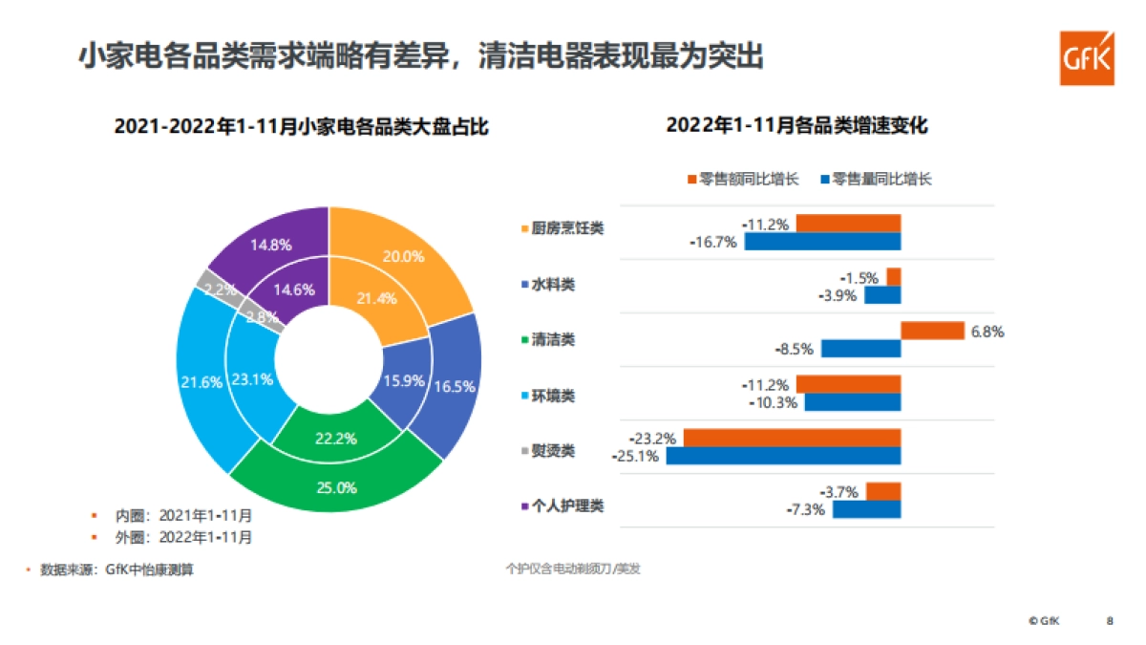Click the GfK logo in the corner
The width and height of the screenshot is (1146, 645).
click(x=1086, y=58)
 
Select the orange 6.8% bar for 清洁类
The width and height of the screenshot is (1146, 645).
click(x=932, y=331)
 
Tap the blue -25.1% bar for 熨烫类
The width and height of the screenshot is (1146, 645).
click(x=783, y=456)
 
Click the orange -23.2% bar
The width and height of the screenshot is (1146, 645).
click(x=792, y=439)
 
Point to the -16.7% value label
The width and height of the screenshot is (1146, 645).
click(x=714, y=242)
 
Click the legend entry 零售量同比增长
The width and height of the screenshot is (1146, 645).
click(x=874, y=179)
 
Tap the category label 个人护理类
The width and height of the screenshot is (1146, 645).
click(x=562, y=505)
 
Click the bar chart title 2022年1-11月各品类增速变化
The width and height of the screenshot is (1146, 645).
click(x=796, y=125)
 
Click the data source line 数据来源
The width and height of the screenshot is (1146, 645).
click(x=115, y=570)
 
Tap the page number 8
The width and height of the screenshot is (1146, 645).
click(x=1110, y=620)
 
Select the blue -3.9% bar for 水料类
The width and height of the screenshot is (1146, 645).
click(x=882, y=295)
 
